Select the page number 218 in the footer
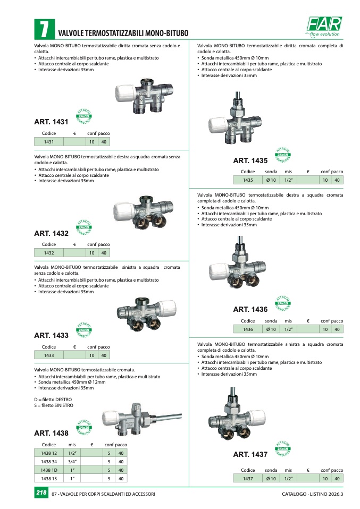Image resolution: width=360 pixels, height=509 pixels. [x=41, y=494]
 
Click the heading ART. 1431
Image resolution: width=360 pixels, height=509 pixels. [x=51, y=122]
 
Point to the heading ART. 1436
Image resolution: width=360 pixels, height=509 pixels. [x=250, y=309]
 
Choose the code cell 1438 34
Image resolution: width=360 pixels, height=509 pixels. [x=49, y=461]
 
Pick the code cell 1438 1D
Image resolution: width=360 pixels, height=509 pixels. [x=49, y=470]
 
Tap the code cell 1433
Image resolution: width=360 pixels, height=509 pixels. [x=49, y=355]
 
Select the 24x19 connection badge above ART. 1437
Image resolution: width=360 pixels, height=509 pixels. [x=282, y=449]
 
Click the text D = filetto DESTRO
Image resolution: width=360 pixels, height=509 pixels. [x=53, y=399]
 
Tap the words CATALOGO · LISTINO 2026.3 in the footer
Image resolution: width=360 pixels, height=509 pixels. [x=312, y=494]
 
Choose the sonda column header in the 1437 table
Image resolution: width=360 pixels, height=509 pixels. [x=271, y=470]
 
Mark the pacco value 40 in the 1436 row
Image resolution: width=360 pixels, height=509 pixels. [x=337, y=329]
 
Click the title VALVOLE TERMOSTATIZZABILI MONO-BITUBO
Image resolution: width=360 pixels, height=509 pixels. [x=123, y=33]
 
